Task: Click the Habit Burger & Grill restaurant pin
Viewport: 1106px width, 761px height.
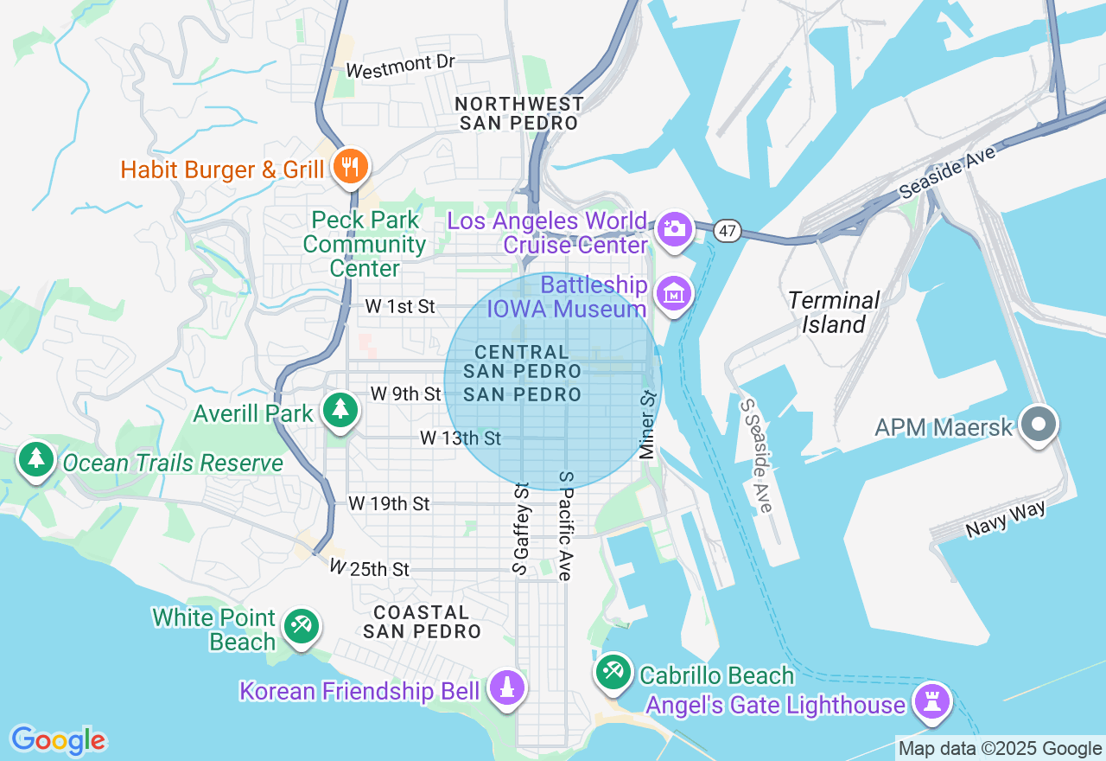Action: [x=349, y=167]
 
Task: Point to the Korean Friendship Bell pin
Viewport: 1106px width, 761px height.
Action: [x=507, y=689]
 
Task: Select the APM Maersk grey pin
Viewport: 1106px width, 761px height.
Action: [x=1039, y=425]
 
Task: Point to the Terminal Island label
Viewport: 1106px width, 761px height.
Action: [x=833, y=312]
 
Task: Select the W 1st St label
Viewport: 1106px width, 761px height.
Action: [x=400, y=306]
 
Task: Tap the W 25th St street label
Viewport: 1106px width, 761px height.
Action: [x=369, y=569]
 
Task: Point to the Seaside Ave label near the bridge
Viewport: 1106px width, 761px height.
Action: [x=948, y=171]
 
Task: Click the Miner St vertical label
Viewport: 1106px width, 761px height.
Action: [x=647, y=424]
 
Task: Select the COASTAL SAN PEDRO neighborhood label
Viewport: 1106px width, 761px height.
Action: [x=422, y=621]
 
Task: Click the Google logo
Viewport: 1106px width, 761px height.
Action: [x=58, y=740]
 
